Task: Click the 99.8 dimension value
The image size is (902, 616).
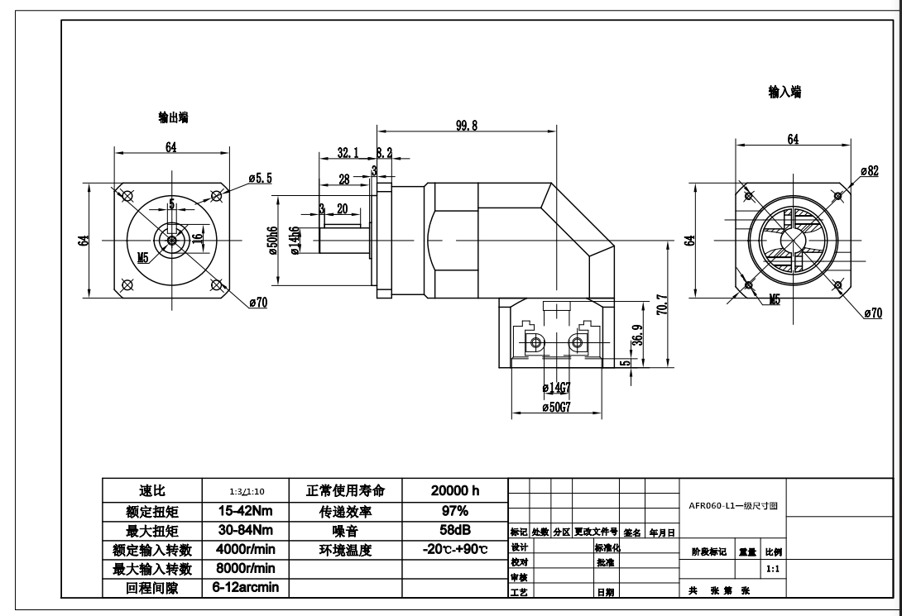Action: (x=468, y=126)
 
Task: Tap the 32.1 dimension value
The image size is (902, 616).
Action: (x=347, y=152)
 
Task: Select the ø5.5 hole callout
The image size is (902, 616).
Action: (x=260, y=178)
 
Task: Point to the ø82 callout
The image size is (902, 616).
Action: (x=869, y=170)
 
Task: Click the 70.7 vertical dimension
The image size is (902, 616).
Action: (x=661, y=304)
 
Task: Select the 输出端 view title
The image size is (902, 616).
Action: (x=173, y=118)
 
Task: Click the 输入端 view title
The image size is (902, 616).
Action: (x=784, y=93)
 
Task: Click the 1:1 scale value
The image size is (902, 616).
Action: (x=772, y=569)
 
